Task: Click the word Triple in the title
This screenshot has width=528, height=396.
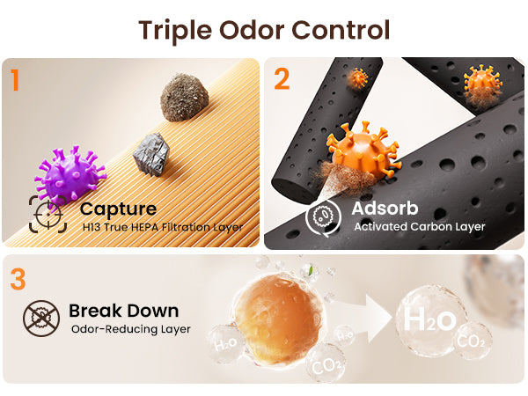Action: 175,31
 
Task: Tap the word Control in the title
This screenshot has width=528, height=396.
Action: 341,30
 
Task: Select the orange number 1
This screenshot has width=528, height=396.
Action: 14,80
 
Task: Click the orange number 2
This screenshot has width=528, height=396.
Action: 282,79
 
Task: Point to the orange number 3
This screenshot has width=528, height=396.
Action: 18,279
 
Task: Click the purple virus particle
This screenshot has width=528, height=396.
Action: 70,174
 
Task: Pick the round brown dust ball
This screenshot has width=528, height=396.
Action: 184,97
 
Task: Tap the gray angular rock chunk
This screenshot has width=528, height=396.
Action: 151,154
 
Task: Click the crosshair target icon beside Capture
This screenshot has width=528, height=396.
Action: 48,214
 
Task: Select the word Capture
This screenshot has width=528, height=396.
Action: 118,209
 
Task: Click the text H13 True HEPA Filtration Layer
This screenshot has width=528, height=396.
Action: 163,227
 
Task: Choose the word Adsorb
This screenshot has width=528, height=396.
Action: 385,208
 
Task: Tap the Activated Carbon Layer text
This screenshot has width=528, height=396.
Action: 420,227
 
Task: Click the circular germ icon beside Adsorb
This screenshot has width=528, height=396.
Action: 323,216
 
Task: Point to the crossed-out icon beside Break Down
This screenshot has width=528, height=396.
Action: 41,319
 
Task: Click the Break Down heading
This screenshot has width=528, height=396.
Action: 123,311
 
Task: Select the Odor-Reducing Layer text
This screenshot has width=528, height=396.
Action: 130,329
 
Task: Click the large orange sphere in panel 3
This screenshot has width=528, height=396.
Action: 277,319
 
